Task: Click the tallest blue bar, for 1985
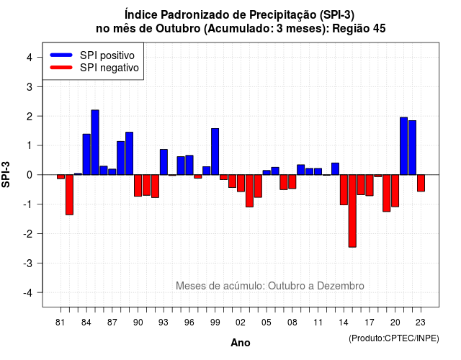(x=95, y=143)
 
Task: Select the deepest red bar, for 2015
(x=352, y=211)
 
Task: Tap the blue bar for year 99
(x=215, y=152)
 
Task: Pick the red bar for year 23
(x=421, y=183)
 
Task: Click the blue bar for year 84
(x=86, y=154)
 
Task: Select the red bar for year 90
(x=138, y=186)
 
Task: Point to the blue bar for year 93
(x=164, y=162)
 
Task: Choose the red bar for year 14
(x=344, y=190)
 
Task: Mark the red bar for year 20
(x=395, y=191)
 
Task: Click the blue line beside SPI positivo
(x=61, y=55)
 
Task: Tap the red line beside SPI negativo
(x=61, y=67)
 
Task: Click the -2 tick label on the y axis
(x=27, y=233)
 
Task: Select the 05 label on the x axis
(x=267, y=323)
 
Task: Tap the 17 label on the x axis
(x=370, y=323)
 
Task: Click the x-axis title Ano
(x=241, y=343)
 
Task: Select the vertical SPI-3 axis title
(x=6, y=174)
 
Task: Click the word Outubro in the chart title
(x=178, y=29)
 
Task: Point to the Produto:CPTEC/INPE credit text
(x=394, y=338)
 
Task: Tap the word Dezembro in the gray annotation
(x=341, y=286)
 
